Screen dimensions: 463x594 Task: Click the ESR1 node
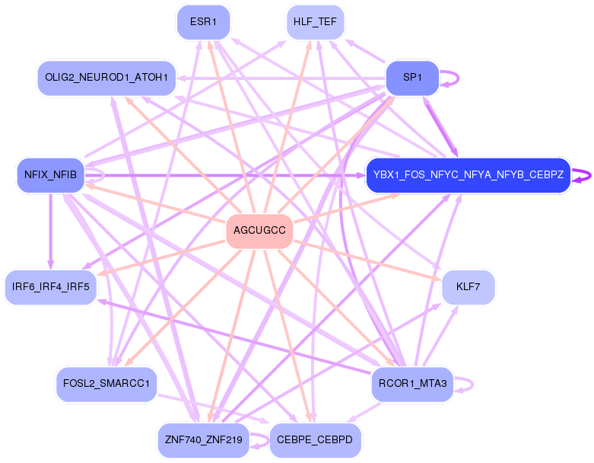203,22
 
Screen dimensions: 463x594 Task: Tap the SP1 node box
411,78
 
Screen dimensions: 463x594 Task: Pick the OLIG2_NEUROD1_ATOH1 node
107,78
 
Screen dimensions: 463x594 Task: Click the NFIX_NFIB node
50,175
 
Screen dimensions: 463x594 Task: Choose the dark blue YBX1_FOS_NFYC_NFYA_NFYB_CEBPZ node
468,175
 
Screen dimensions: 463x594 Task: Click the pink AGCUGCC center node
259,231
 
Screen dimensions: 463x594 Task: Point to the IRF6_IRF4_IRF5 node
51,287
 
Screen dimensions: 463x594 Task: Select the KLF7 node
468,287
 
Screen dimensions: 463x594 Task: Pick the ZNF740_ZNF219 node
203,440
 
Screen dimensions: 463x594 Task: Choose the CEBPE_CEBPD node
315,440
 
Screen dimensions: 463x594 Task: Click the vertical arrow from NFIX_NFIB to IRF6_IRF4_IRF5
51,228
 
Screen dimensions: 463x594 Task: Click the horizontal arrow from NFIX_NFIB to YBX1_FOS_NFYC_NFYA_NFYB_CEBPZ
228,175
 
